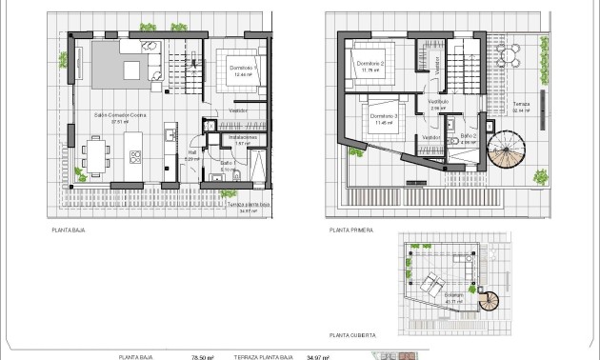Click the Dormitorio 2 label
(370, 64)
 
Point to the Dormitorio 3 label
(382, 118)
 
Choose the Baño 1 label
(227, 165)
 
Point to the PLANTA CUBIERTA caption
(351, 336)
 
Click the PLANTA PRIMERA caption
(350, 230)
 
